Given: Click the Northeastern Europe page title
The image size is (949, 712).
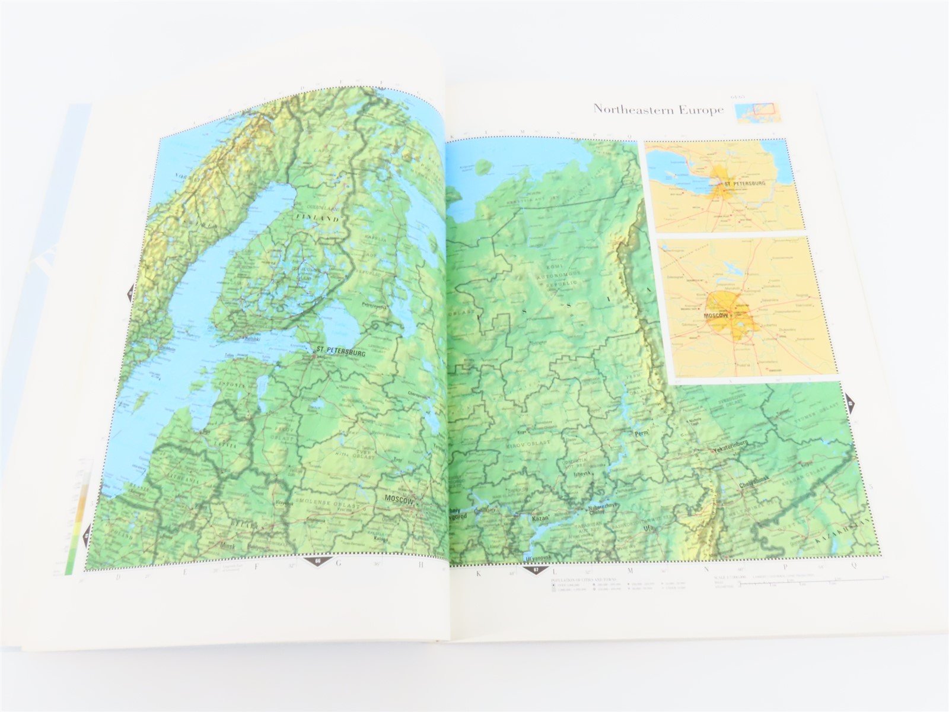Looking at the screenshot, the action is tap(658, 110).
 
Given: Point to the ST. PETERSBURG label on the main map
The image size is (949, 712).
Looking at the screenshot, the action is tap(341, 351).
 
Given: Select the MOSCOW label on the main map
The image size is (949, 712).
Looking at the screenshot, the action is tap(399, 500).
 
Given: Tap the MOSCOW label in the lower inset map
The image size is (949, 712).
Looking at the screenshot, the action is tap(715, 315).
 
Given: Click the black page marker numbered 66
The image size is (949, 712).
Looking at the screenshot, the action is tap(318, 561).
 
